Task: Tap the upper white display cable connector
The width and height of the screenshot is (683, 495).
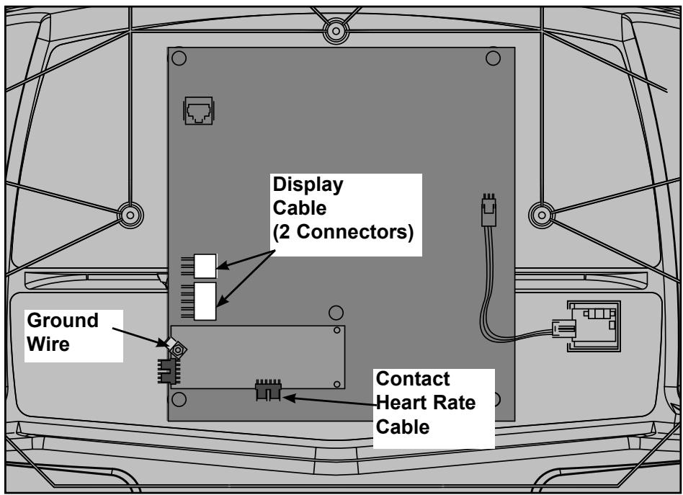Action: (x=205, y=265)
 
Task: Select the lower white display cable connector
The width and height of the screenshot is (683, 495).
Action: (x=205, y=300)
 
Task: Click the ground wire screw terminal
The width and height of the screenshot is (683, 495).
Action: (x=176, y=350)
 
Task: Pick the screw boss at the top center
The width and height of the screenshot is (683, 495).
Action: (x=334, y=31)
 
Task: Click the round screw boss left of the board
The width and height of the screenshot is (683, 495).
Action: (x=130, y=214)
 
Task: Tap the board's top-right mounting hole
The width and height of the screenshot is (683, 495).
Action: (x=493, y=58)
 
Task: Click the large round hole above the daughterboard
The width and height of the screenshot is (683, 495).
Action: (x=335, y=313)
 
